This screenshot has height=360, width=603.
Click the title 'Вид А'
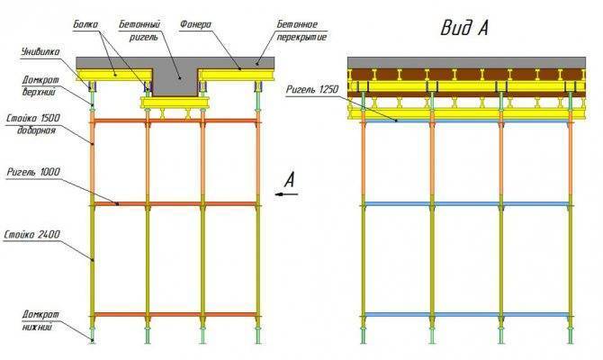[464, 28]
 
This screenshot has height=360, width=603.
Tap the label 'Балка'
[85, 24]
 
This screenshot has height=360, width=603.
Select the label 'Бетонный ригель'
[139, 31]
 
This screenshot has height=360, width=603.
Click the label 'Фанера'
[195, 24]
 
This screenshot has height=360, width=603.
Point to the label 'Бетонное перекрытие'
[301, 31]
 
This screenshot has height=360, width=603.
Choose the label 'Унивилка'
[40, 51]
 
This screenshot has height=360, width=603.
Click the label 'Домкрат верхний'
[40, 85]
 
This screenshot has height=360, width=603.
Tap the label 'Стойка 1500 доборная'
[33, 124]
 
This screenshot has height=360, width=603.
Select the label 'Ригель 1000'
[33, 172]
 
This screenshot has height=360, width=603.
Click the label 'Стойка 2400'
[31, 234]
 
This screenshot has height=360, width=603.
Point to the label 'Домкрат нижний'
[40, 320]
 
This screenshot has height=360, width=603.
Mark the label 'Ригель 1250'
[312, 89]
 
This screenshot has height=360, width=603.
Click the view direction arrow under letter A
[286, 194]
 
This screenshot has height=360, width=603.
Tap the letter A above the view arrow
[290, 180]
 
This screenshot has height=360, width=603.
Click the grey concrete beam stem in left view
[175, 82]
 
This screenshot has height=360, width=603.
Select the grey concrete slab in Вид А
[466, 63]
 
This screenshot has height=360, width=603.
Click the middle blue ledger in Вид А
[466, 203]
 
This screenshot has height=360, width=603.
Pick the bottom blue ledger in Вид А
[466, 315]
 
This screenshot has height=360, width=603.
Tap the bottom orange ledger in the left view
[175, 315]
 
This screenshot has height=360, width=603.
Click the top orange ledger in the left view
[175, 121]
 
